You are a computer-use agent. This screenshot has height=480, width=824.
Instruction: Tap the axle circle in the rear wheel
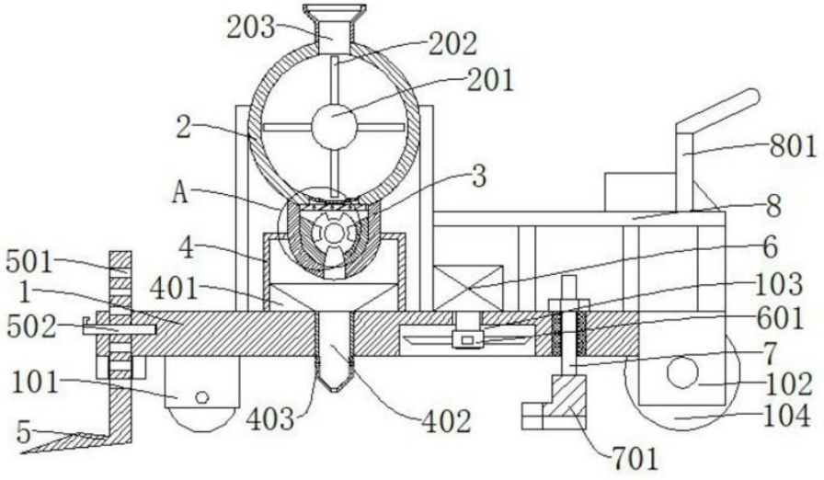pos(683,373)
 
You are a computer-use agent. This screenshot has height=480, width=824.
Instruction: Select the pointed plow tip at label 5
pos(28,450)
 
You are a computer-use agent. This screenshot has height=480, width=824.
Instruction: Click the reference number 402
pos(445,421)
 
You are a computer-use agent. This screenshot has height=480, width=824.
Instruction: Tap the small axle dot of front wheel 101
pos(201,397)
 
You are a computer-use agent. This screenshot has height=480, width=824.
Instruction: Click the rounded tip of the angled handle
pos(752,94)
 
